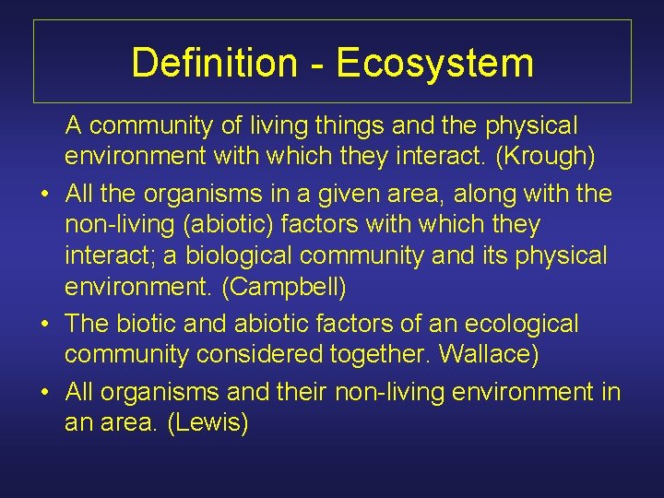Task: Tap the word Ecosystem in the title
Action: coord(435,63)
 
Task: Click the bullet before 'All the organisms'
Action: coord(43,192)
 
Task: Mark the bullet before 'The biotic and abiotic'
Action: coord(43,325)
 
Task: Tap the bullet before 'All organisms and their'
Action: coord(43,391)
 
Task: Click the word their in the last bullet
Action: coord(299,390)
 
